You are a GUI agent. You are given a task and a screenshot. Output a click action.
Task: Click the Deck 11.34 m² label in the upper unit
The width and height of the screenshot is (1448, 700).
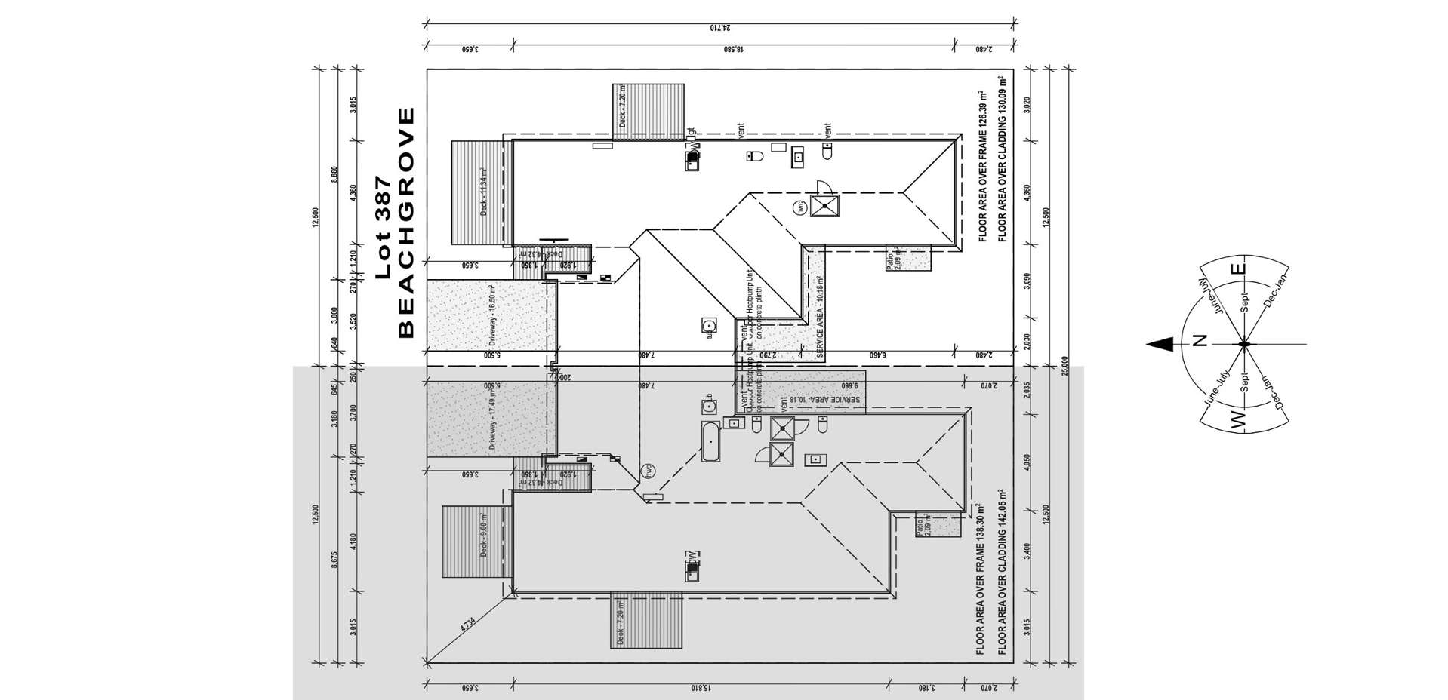pos(484,193)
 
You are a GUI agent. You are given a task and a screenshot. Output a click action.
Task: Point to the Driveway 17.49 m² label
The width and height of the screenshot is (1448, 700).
pos(492,419)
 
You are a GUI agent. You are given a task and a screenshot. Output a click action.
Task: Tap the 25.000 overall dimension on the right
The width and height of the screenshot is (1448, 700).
pos(1064,367)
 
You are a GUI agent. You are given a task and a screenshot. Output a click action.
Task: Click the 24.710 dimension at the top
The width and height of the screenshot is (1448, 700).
pos(721,28)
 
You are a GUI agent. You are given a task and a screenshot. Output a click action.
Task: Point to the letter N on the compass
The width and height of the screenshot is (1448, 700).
pos(1200,340)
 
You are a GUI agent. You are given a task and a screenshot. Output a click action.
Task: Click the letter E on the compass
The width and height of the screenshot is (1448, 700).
pos(1237,269)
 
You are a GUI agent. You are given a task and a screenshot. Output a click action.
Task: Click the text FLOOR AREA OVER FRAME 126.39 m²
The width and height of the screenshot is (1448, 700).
pos(982,166)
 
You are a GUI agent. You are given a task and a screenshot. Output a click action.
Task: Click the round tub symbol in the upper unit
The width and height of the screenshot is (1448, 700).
pos(708,326)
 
